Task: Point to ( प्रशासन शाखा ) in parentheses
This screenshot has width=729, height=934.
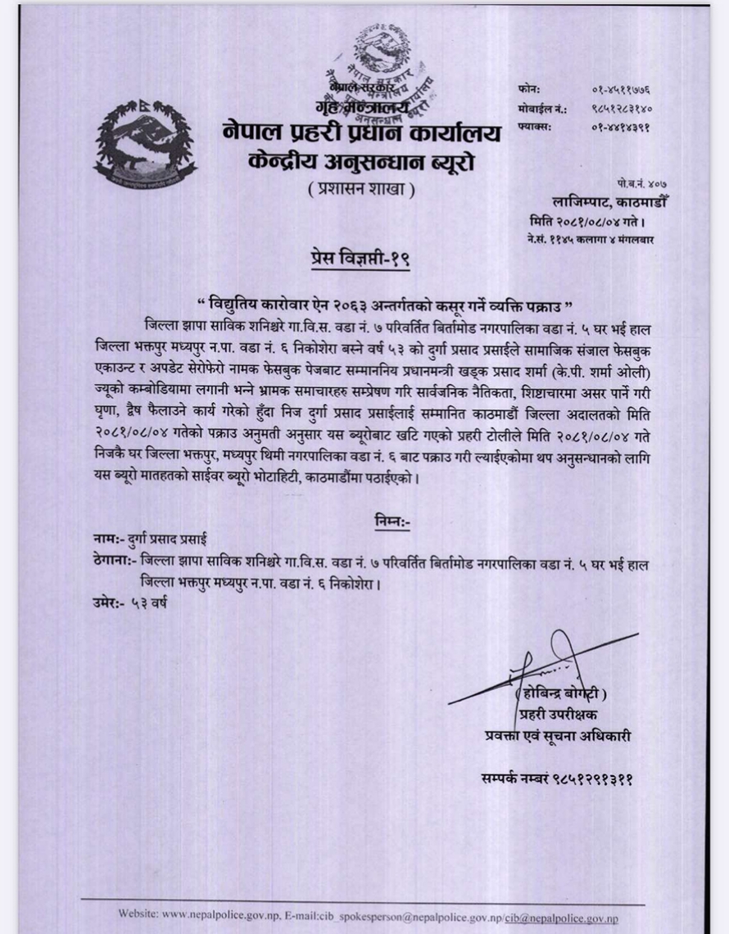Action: [362, 190]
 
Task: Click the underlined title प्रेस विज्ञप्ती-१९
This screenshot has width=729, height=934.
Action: [359, 260]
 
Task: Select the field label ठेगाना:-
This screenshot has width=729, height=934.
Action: [113, 562]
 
